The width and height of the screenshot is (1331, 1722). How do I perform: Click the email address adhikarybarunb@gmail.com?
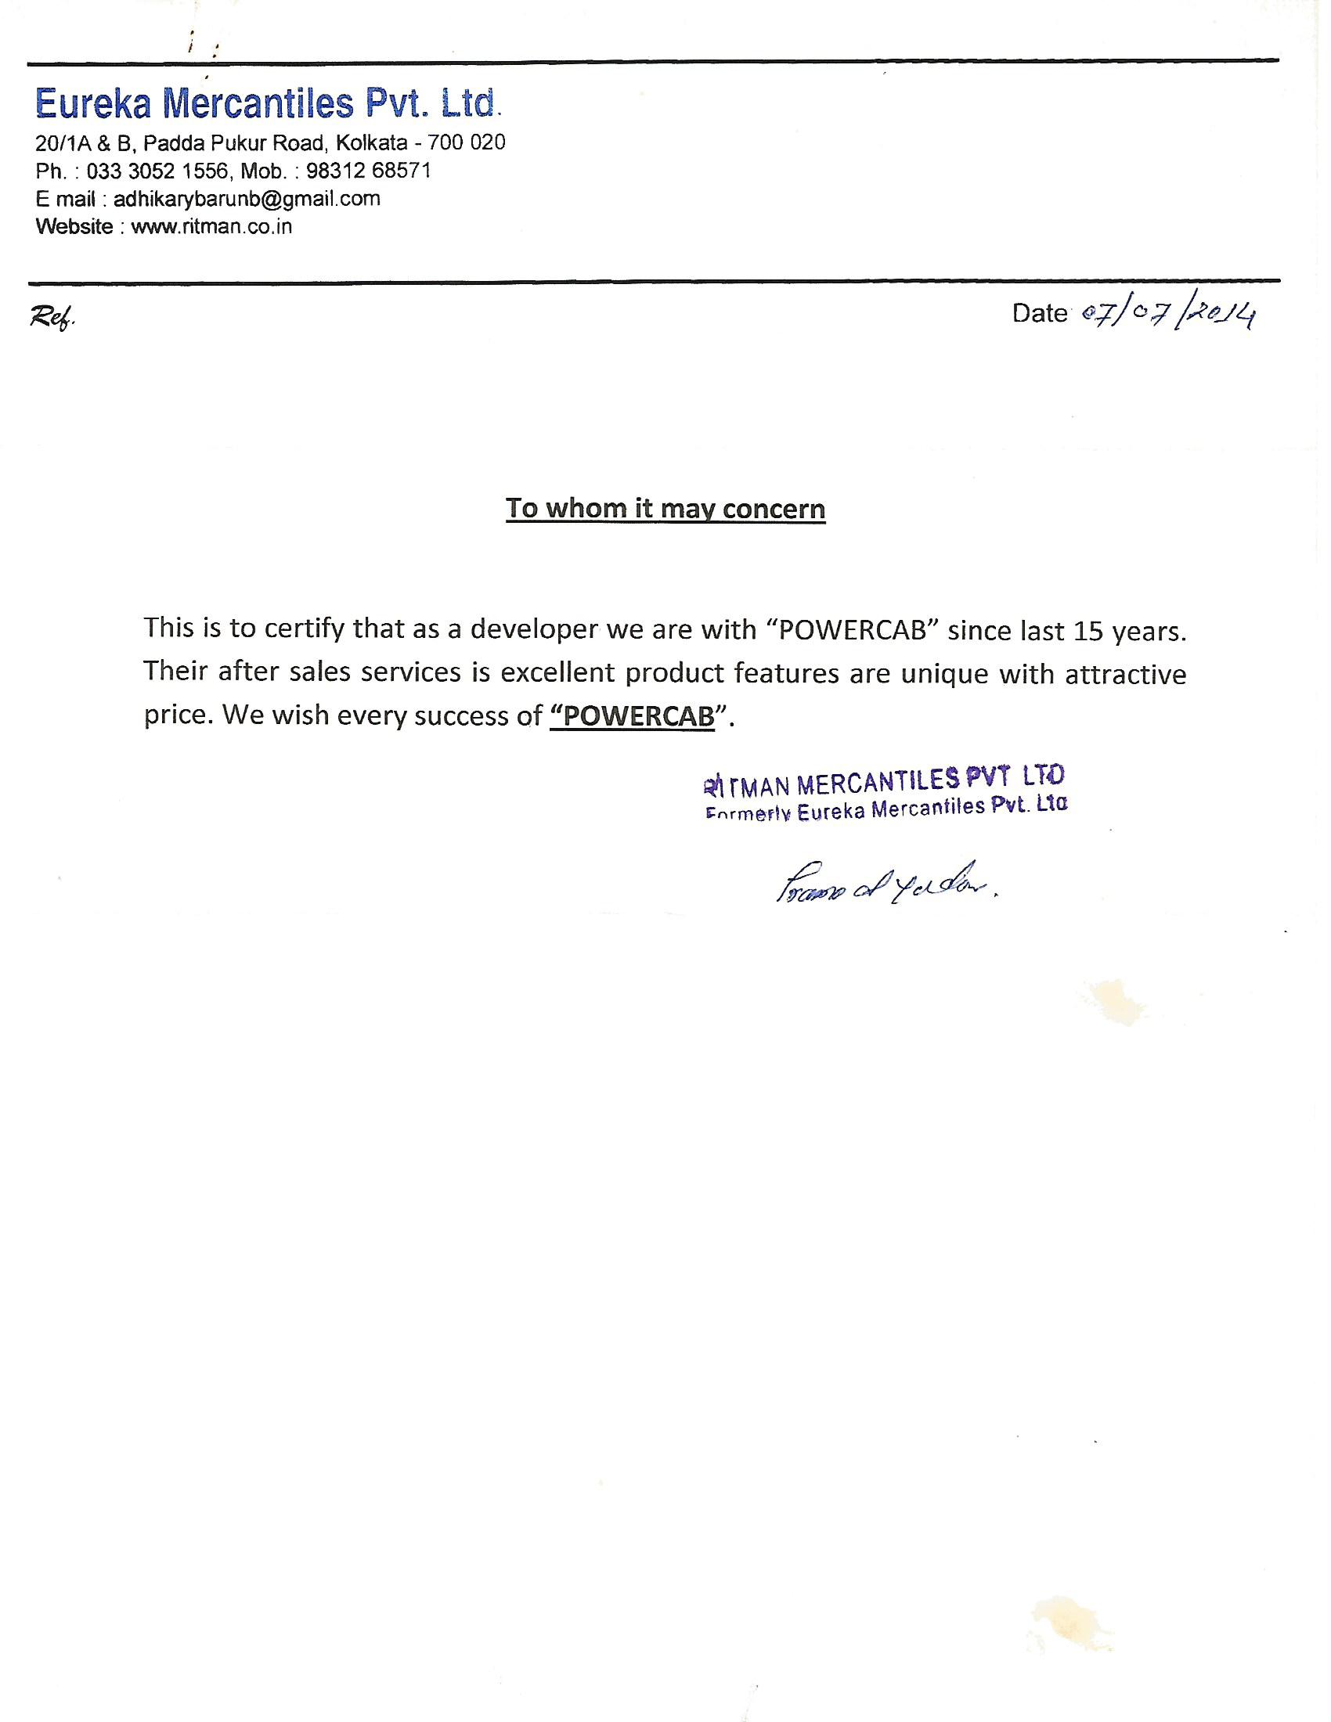[x=247, y=199]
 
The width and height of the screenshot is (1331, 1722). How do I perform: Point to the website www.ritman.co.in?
[x=211, y=227]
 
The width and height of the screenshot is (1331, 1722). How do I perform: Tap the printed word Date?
[x=1039, y=314]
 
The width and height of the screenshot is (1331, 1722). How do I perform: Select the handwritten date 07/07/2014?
[x=1168, y=315]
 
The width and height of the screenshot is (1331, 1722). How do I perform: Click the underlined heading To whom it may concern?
[x=665, y=509]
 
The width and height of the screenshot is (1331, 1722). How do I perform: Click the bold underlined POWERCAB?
[x=633, y=716]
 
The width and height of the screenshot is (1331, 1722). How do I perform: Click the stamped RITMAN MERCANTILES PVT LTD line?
[x=882, y=780]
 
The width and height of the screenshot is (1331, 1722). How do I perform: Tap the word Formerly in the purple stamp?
[x=748, y=815]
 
